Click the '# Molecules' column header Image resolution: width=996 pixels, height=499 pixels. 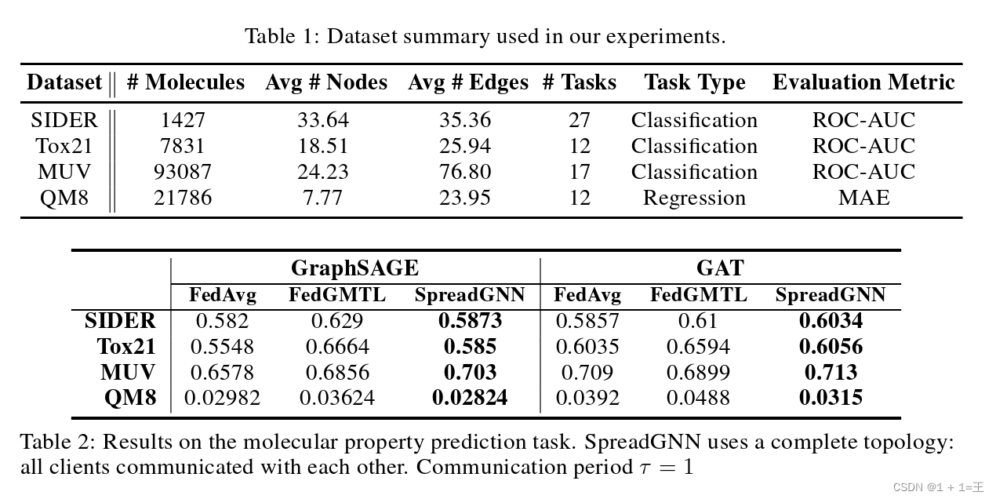point(185,82)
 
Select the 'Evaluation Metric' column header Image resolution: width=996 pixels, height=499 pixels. point(863,82)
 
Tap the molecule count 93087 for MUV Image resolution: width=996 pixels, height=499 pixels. point(183,172)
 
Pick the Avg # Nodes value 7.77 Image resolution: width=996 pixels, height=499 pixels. point(322,198)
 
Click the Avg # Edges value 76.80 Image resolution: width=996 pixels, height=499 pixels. point(465,172)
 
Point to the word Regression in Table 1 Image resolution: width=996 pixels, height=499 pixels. point(694,198)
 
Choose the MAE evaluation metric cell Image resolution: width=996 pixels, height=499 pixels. point(863,198)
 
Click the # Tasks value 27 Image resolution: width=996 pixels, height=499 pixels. point(580,120)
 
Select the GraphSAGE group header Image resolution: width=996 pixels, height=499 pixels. point(354,268)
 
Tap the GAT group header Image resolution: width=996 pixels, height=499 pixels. point(719,268)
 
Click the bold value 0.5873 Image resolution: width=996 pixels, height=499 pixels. point(470,321)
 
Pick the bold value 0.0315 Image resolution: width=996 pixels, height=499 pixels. point(831,398)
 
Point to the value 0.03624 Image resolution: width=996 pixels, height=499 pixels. point(337,398)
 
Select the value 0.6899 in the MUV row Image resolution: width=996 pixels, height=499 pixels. point(698,372)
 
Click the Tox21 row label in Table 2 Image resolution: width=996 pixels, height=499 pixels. point(126,347)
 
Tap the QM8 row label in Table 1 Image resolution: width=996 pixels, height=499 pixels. point(64,198)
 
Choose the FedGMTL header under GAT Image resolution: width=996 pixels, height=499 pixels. point(698,296)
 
